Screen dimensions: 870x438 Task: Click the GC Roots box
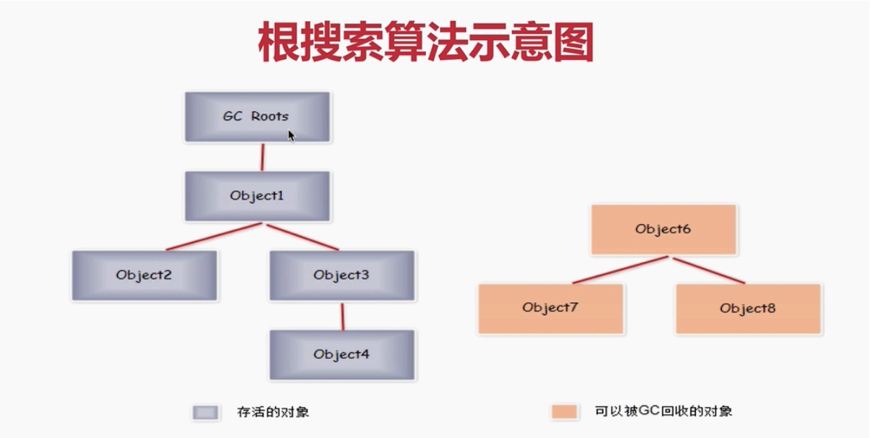[x=257, y=116]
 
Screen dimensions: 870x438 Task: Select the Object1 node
[x=257, y=196]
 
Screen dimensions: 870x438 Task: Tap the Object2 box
[x=144, y=275]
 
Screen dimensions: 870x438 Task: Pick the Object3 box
[x=341, y=275]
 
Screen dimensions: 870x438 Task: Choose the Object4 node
[x=341, y=354]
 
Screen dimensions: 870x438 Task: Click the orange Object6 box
[x=663, y=230]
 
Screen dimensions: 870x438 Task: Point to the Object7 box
[x=550, y=308]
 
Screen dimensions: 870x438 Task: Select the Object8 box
[x=747, y=308]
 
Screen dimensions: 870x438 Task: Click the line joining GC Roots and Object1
[x=262, y=157]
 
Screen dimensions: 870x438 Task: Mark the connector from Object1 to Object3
[x=301, y=237]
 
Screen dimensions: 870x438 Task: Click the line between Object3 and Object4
[x=343, y=316]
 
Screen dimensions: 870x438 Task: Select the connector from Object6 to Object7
[x=620, y=270]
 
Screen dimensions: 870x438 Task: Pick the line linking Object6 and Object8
[x=708, y=270]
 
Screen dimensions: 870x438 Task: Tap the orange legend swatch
[x=565, y=412]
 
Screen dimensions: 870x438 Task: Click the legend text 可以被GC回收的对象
[x=663, y=411]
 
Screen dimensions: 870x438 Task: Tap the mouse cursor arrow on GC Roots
[x=291, y=135]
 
